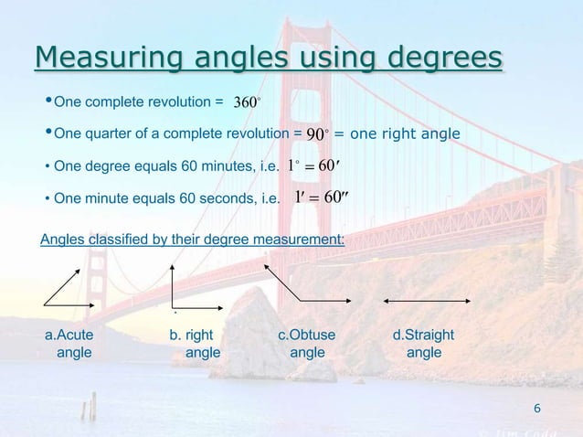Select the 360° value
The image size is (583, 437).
tap(248, 102)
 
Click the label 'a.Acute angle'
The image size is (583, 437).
tap(69, 344)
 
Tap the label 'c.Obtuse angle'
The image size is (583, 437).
tap(306, 344)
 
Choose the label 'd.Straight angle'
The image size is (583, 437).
tap(423, 344)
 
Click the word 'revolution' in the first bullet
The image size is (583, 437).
tap(180, 103)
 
